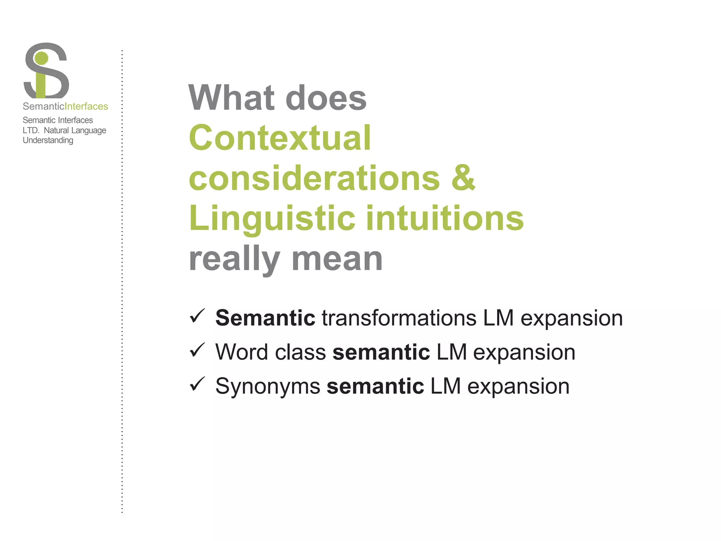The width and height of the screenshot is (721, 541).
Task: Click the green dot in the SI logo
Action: click(x=42, y=58)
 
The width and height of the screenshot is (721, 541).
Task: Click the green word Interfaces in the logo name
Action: click(x=87, y=106)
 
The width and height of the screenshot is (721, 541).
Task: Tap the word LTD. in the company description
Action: click(x=31, y=130)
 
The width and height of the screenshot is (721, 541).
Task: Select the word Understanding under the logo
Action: click(x=48, y=140)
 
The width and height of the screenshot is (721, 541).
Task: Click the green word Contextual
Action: click(x=280, y=138)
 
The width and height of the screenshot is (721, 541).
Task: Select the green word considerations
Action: click(x=314, y=178)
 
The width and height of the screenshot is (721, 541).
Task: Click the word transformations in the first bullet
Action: click(x=399, y=318)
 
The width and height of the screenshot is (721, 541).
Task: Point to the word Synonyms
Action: click(x=268, y=386)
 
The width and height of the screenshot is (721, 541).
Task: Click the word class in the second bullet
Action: click(x=300, y=352)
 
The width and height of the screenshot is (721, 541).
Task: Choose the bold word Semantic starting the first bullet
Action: click(x=265, y=318)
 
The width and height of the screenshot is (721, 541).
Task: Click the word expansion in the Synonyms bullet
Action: click(x=518, y=386)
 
